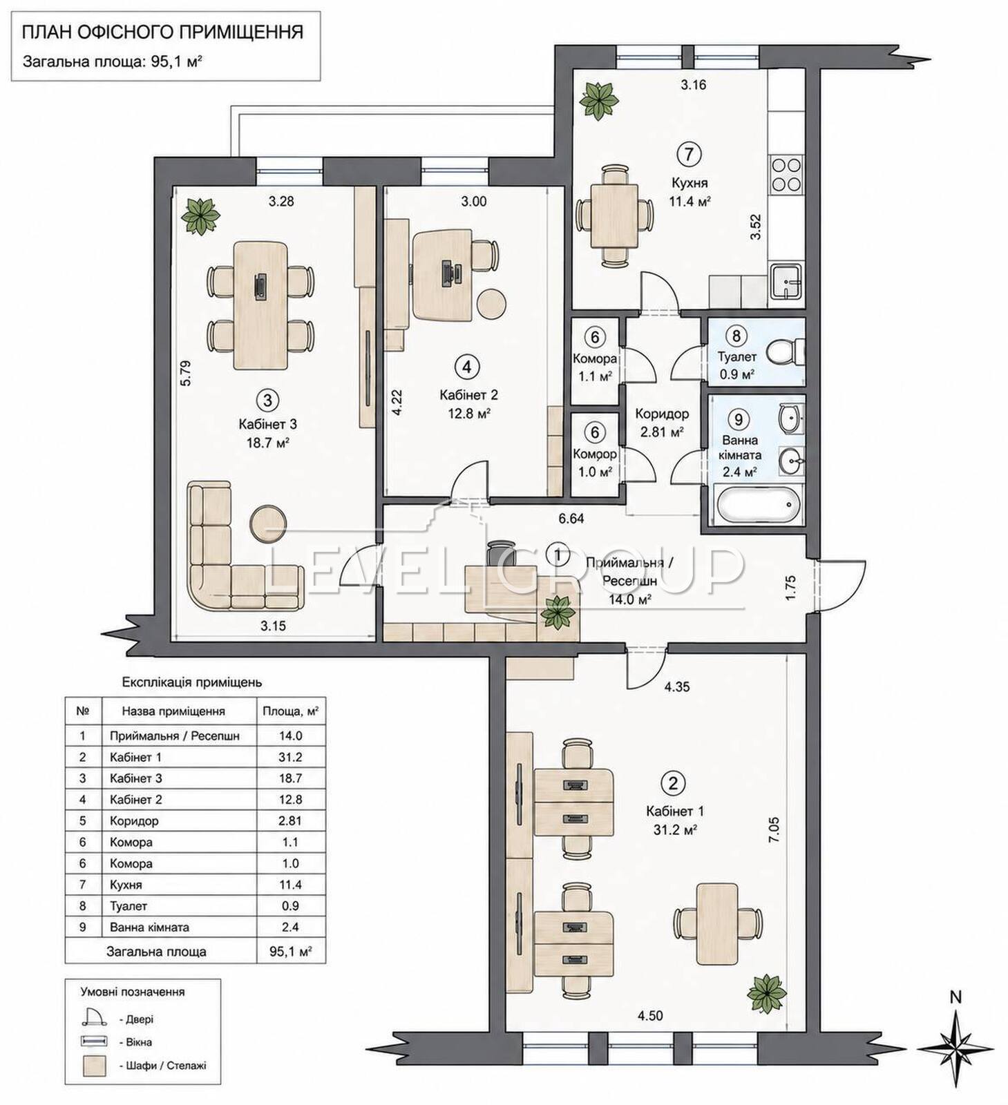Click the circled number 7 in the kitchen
(x=688, y=154)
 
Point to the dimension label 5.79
(x=184, y=373)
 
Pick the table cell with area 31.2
(x=290, y=757)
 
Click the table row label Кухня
(x=126, y=885)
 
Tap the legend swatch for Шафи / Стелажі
(x=95, y=1066)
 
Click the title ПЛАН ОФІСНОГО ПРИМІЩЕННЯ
(x=163, y=32)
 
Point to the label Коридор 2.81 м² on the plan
(x=662, y=423)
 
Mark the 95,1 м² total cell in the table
(x=290, y=951)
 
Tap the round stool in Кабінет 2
(x=491, y=302)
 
